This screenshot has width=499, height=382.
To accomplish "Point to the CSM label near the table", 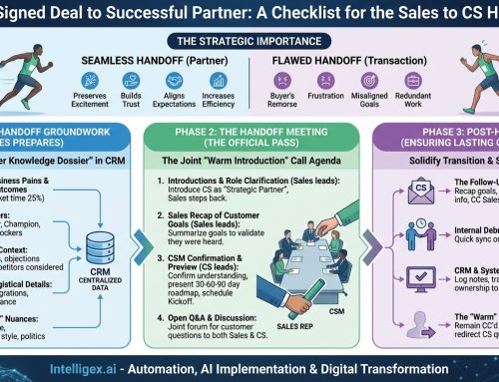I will tap(338, 311).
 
